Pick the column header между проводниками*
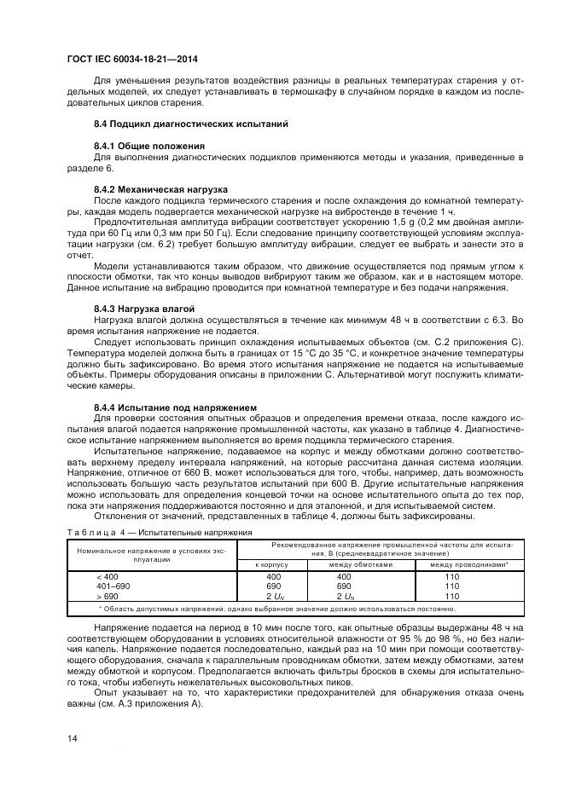pos(469,564)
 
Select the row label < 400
pos(107,577)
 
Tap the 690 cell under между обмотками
pos(344,586)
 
